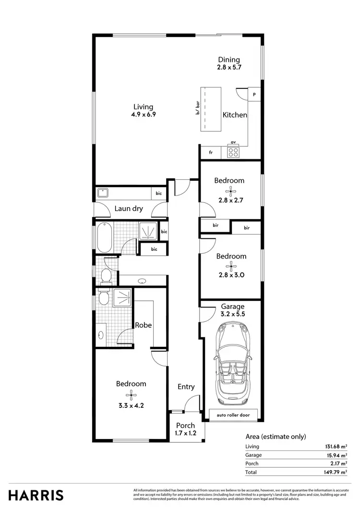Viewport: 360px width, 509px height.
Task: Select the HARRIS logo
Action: tap(36, 495)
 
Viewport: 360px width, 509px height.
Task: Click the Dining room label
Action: tap(229, 60)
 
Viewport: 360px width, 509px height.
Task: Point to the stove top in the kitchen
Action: tap(233, 152)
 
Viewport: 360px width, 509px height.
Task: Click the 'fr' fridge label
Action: tap(211, 153)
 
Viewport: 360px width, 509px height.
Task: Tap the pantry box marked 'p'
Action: tap(254, 95)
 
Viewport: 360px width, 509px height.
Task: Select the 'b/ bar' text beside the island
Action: tap(197, 108)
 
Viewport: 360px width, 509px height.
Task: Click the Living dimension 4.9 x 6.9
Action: tap(144, 115)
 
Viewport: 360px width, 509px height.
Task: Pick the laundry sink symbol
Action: tap(103, 193)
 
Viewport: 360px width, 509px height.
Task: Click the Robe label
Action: tap(143, 325)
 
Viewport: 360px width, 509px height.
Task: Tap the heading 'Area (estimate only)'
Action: tap(276, 437)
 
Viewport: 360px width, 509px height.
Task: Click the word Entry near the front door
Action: tap(186, 387)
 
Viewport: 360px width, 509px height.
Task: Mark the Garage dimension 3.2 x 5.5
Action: tap(233, 315)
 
